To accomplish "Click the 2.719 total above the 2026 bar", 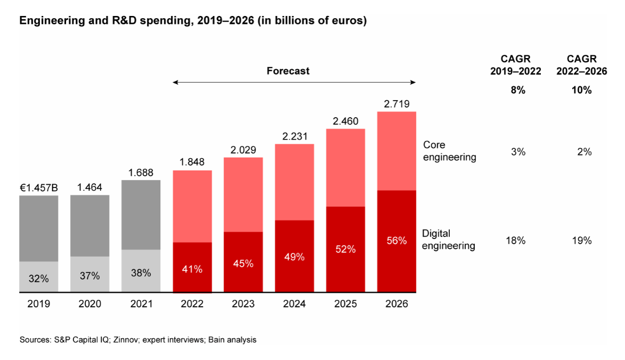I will click(397, 103).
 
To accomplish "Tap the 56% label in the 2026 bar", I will click(397, 241).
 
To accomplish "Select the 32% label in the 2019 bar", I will click(39, 278).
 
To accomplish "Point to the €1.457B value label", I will click(39, 187).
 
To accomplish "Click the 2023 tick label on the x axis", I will click(243, 304).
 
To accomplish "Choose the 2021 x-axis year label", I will click(141, 304).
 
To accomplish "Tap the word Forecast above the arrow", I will click(288, 71).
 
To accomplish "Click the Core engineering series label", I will click(449, 151).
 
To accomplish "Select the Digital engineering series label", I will click(449, 239).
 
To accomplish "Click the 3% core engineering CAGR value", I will click(518, 152).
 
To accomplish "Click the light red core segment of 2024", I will click(294, 182).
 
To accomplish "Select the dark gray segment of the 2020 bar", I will click(90, 225).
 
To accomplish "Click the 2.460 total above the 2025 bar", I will click(346, 120).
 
